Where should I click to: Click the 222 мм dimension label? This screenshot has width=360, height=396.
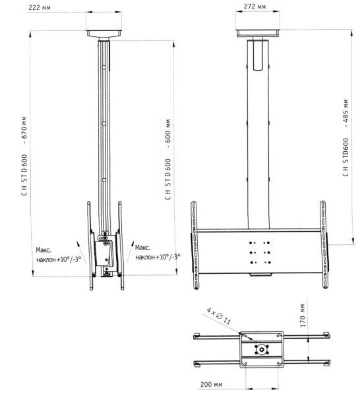[40, 7]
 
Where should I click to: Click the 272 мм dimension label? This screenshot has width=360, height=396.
[255, 7]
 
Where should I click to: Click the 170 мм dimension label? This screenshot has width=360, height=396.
[303, 315]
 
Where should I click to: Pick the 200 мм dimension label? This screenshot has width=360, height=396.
[212, 384]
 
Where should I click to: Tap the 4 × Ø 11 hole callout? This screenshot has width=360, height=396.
[219, 315]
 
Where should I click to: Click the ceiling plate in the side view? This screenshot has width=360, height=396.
[104, 34]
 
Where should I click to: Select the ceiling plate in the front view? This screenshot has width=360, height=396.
[258, 34]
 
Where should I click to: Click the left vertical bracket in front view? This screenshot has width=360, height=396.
[195, 245]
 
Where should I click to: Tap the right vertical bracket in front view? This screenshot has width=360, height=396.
[324, 244]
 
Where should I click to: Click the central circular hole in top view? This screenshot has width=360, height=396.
[262, 350]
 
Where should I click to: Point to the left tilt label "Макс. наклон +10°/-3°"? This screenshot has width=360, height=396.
[59, 255]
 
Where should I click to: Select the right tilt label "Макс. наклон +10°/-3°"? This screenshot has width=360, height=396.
[158, 252]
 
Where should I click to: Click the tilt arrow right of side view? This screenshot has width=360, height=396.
[130, 252]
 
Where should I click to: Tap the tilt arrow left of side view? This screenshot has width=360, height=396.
[81, 252]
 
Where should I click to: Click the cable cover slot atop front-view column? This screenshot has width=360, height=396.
[258, 55]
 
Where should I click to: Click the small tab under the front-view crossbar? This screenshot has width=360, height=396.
[261, 275]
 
